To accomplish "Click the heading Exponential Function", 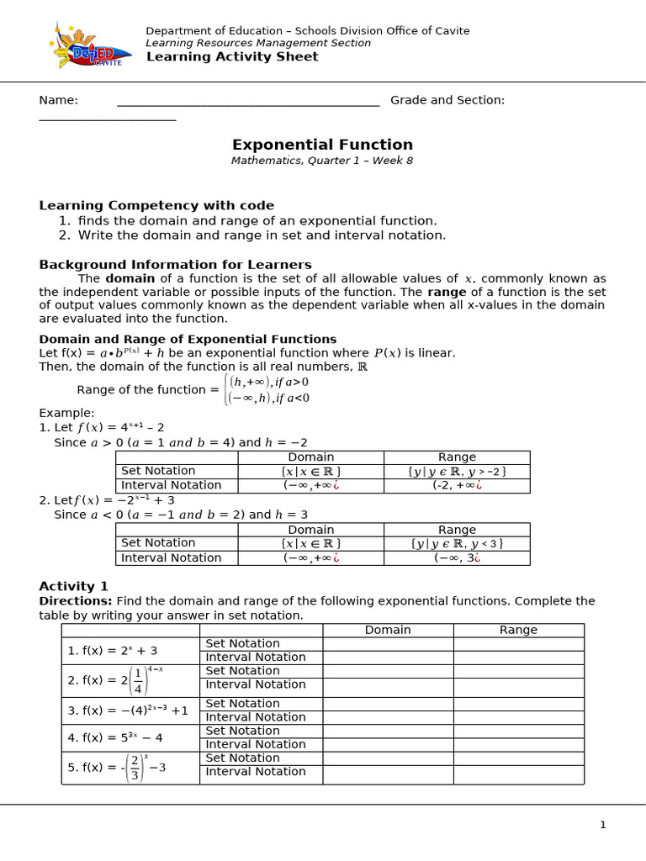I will click(x=322, y=145).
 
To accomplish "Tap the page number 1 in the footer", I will click(x=602, y=825).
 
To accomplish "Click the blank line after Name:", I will click(x=248, y=101).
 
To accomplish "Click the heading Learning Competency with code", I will click(x=156, y=205).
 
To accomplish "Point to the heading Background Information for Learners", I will click(x=175, y=264).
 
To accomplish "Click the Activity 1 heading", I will click(x=73, y=586).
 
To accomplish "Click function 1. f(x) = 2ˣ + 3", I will click(x=112, y=651).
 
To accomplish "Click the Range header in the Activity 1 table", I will click(x=518, y=630).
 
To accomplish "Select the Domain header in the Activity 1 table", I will click(x=388, y=630).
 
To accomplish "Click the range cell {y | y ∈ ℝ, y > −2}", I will click(x=457, y=471).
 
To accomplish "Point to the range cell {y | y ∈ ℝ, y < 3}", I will click(x=457, y=543).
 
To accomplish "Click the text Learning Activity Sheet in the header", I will click(x=232, y=57).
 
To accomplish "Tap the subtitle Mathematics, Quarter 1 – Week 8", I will click(x=322, y=161).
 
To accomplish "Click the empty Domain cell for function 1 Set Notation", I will click(x=388, y=644).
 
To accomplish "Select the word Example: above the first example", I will click(x=67, y=413).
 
